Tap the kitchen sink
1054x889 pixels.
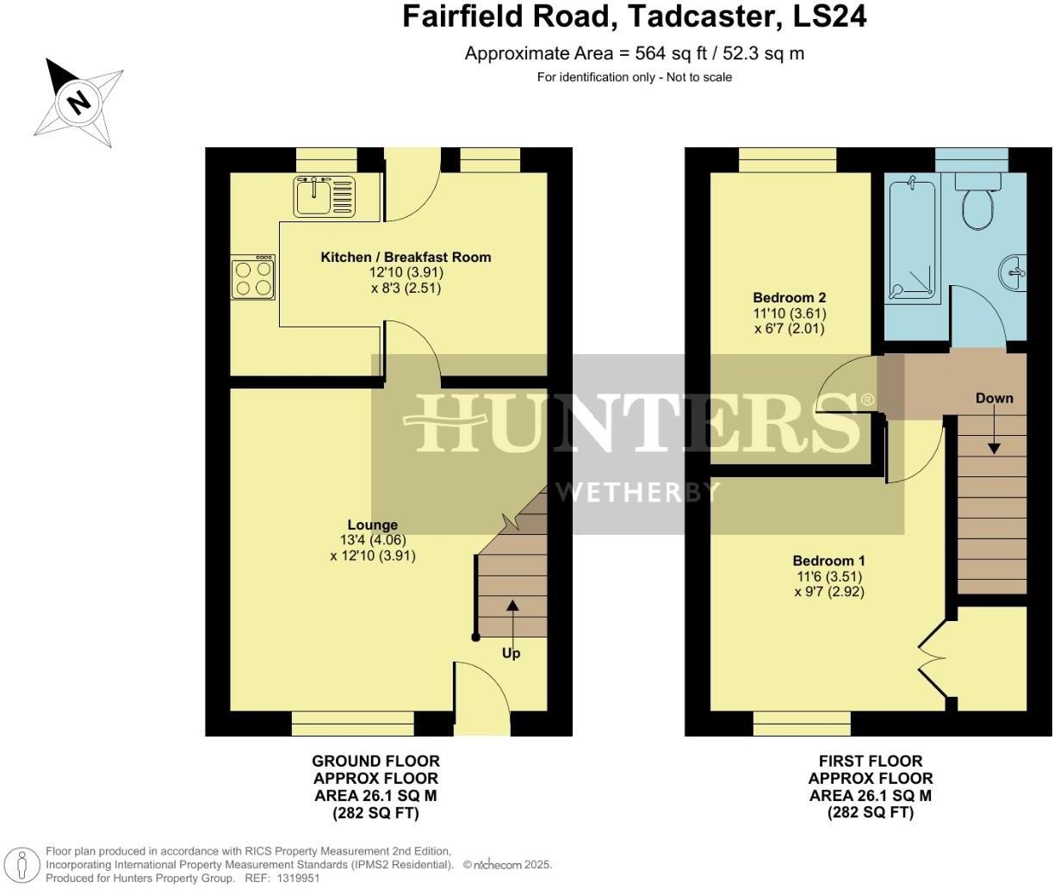(x=324, y=196)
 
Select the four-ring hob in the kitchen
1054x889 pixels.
(x=253, y=277)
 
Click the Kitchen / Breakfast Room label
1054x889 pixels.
(x=406, y=257)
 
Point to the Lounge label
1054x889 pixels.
(x=372, y=525)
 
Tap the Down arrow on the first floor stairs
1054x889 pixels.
(x=994, y=432)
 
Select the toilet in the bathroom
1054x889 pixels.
(x=978, y=200)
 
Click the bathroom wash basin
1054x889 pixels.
(x=1014, y=271)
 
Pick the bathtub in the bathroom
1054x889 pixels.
(x=912, y=236)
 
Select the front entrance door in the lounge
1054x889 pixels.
(x=482, y=699)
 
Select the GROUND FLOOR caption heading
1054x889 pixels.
(x=375, y=761)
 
